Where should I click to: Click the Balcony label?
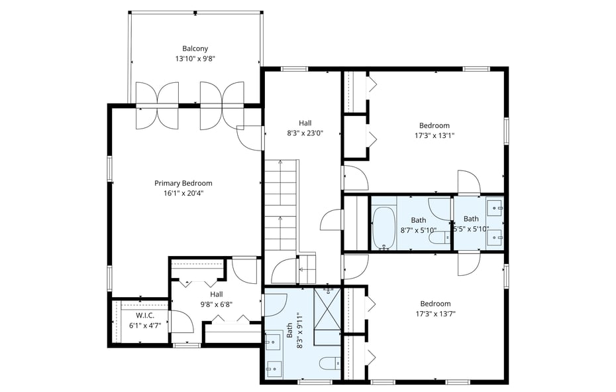tap(195, 48)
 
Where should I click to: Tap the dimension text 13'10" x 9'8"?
tap(195, 58)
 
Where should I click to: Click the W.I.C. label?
tap(144, 315)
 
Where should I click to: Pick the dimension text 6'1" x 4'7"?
tap(144, 325)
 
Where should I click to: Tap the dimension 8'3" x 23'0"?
tap(305, 133)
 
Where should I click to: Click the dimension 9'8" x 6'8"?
tap(217, 304)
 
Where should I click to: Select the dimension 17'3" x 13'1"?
tap(434, 135)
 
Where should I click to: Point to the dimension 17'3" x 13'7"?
tap(435, 314)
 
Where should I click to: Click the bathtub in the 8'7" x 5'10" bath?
tap(384, 229)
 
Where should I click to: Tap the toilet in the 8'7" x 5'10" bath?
tap(438, 237)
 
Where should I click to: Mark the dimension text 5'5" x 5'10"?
tap(471, 229)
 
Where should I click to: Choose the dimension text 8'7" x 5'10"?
tap(418, 230)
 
